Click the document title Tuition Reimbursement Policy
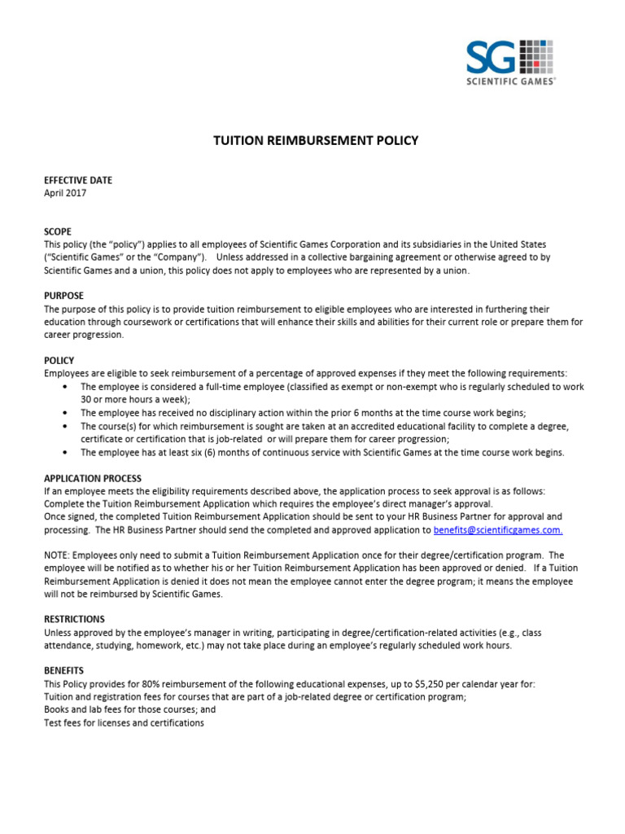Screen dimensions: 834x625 point(316,140)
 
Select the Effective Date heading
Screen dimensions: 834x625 point(78,180)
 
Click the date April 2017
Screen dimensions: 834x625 point(64,193)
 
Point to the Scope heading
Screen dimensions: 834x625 point(58,232)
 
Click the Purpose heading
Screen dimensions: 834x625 point(63,296)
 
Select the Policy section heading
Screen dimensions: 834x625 point(59,360)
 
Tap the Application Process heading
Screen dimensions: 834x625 point(92,478)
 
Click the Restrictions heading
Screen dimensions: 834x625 point(74,620)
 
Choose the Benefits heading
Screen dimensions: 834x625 point(64,670)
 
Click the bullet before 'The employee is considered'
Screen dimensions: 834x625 point(65,387)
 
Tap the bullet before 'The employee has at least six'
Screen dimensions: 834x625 point(65,453)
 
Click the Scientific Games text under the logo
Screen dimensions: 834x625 point(511,81)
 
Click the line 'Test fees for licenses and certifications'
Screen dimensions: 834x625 point(124,722)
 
